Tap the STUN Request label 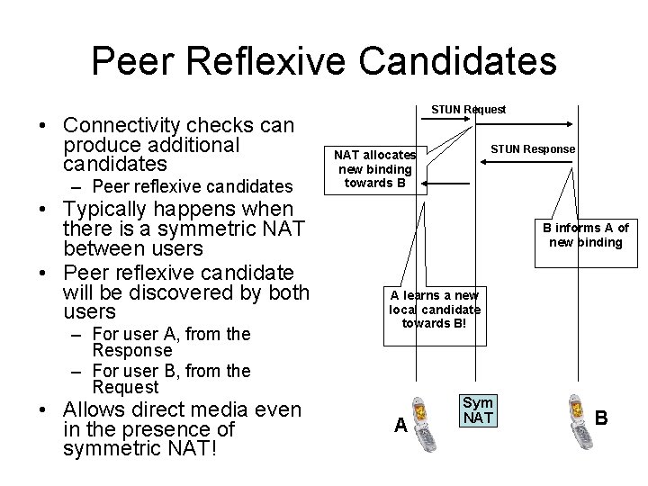[x=468, y=110]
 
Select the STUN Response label [x=533, y=148]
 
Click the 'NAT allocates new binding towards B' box [x=375, y=169]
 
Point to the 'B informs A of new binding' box [x=585, y=235]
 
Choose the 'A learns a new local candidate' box [x=435, y=309]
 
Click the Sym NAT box [x=477, y=410]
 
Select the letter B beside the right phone [x=601, y=418]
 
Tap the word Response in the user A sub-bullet [x=132, y=350]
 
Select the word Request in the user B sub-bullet [x=125, y=387]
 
